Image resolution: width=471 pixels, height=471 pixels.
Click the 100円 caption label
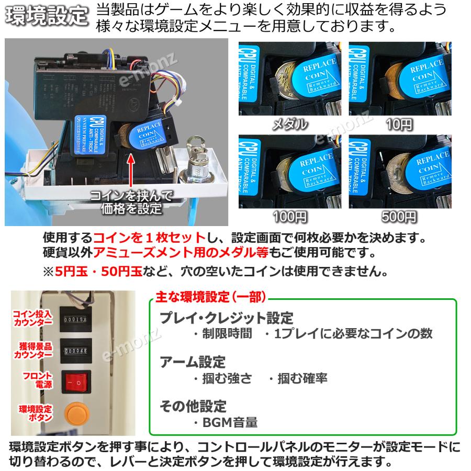(290, 216)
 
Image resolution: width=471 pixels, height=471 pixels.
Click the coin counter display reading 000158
(76, 319)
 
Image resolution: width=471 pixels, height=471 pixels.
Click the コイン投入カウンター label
(32, 318)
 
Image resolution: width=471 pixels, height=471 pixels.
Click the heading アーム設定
(192, 362)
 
